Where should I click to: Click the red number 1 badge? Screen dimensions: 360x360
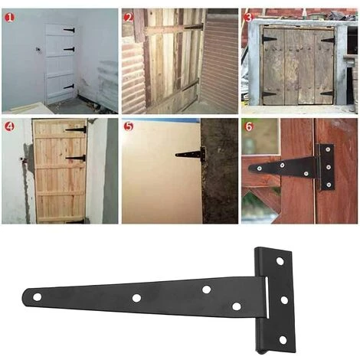pos(9,17)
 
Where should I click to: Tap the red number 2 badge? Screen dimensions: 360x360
pos(129,17)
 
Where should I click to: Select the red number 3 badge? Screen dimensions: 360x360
pos(248,17)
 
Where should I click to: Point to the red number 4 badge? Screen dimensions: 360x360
pos(9,126)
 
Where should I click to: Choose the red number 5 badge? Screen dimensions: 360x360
pos(129,126)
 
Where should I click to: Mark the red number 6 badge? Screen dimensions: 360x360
pos(248,126)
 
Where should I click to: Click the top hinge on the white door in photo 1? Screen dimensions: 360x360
pos(67,31)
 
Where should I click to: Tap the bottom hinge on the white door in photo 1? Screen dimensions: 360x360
pos(68,87)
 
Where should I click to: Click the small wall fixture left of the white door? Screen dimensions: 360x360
pos(34,51)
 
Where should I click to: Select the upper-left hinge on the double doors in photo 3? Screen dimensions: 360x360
pos(270,38)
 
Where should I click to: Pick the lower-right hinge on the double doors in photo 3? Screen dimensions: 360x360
pos(327,93)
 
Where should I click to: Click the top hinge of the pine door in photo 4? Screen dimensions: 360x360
pos(77,129)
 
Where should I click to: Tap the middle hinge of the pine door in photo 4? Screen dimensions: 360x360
pos(76,158)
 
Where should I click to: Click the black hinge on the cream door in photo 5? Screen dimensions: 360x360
pos(191,154)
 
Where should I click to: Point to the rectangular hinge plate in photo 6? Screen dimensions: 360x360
pos(326,166)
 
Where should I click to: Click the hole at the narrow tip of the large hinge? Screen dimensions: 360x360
pos(35,296)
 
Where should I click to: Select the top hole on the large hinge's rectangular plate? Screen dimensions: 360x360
pos(280,261)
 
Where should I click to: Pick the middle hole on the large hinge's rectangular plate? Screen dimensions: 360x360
pos(283,299)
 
